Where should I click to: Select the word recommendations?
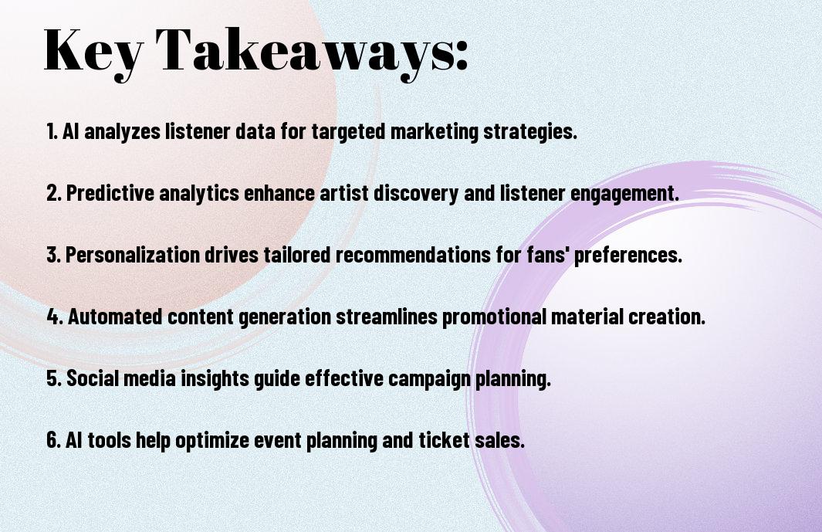click(x=413, y=255)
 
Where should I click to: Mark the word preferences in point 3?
click(x=628, y=256)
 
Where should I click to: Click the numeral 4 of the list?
click(x=53, y=317)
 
